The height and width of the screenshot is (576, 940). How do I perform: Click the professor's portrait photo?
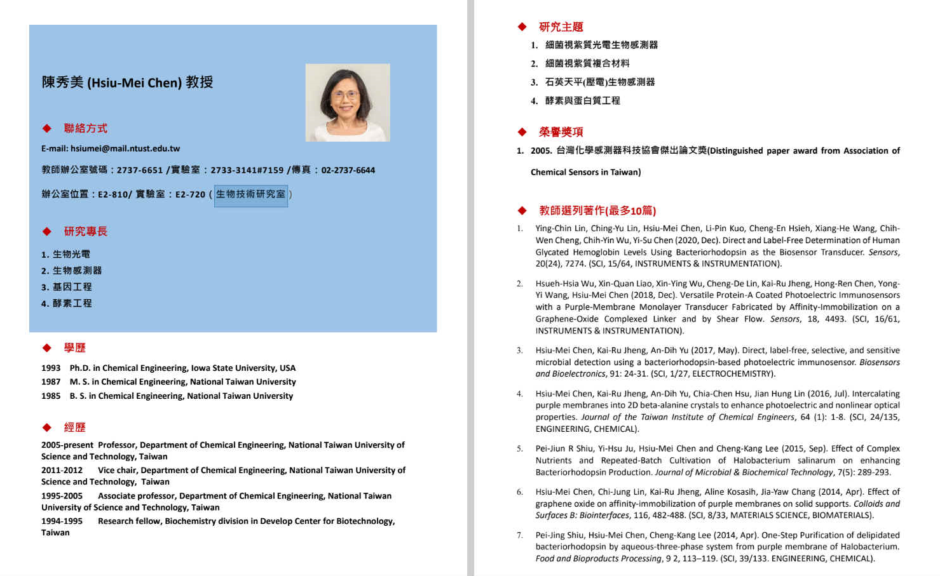(347, 102)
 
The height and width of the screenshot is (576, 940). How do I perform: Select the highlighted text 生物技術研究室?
(250, 194)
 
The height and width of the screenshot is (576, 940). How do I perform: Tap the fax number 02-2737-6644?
(348, 170)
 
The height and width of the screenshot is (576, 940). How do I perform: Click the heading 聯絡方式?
(85, 128)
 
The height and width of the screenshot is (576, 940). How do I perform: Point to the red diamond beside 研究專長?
(47, 231)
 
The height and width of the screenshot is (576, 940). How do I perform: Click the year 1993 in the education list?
(51, 368)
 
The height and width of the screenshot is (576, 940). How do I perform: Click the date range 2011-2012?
(62, 471)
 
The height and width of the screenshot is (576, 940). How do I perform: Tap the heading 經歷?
(74, 427)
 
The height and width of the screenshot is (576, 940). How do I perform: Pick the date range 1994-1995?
(62, 521)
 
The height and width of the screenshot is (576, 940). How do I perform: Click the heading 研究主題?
(561, 27)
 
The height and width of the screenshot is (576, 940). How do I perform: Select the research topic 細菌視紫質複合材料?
(587, 64)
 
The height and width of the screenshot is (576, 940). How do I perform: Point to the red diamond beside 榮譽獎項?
(522, 132)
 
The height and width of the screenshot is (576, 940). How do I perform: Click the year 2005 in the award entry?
(540, 151)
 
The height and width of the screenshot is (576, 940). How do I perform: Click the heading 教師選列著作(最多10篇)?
(597, 211)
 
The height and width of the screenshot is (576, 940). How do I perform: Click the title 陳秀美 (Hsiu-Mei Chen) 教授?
(127, 83)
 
